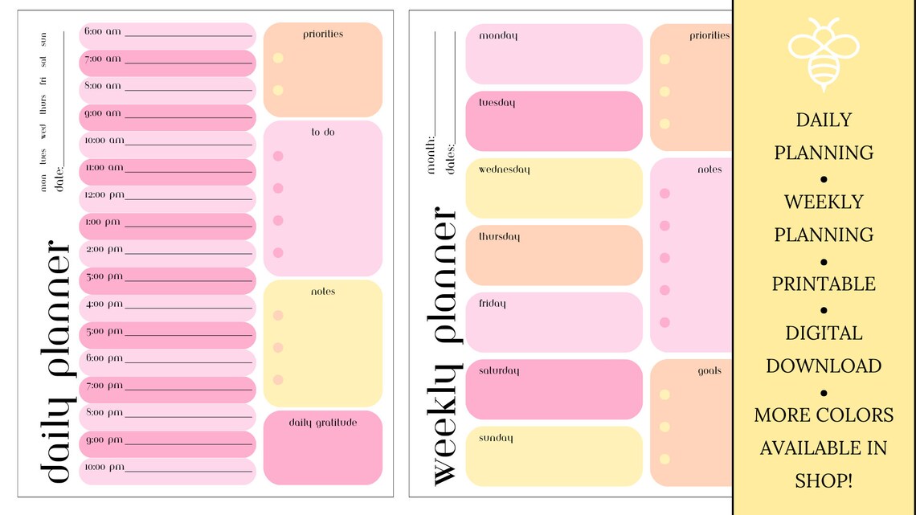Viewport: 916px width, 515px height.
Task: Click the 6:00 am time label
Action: [x=102, y=31]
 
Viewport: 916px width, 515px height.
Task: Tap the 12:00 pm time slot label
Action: [x=104, y=194]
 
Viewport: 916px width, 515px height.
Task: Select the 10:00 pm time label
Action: [x=104, y=467]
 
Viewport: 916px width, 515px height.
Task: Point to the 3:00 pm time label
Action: [x=104, y=276]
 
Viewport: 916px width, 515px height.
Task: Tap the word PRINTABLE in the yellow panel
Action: [x=824, y=284]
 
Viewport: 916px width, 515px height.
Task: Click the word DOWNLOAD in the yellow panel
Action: [x=824, y=366]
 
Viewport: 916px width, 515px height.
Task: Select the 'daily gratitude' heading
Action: [x=322, y=422]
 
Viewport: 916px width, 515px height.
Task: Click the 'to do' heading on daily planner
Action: [x=322, y=132]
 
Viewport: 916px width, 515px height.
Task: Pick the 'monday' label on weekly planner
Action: [x=498, y=35]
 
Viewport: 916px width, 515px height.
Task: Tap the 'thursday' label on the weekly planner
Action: [x=499, y=237]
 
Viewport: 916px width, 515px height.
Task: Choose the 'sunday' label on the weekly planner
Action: [x=496, y=438]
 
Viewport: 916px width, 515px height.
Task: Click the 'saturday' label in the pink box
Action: [x=499, y=370]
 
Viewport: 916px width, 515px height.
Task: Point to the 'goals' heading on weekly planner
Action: [x=709, y=370]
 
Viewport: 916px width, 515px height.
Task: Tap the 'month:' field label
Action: [x=431, y=153]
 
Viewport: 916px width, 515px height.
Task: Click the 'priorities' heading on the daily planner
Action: [x=323, y=34]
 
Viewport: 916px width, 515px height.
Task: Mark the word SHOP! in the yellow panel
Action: [x=824, y=480]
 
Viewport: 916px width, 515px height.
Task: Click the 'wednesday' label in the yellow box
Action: [x=504, y=170]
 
